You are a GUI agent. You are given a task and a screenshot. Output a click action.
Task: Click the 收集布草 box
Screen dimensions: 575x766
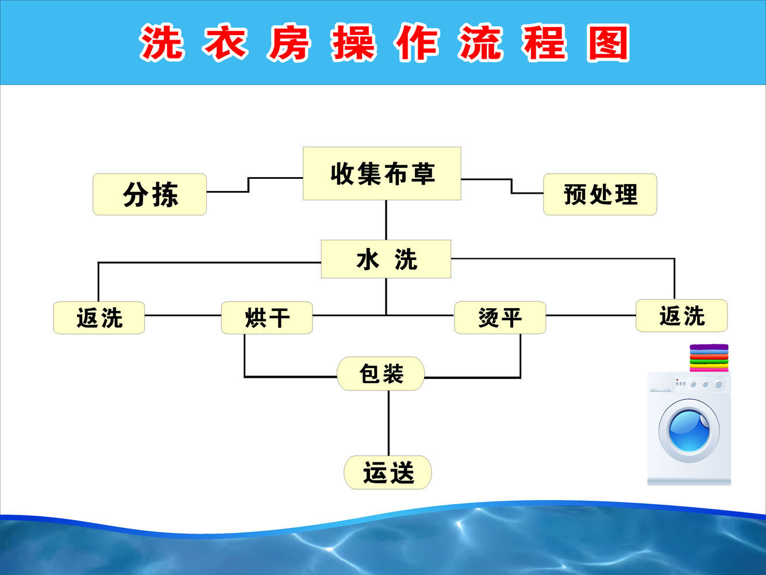tap(382, 173)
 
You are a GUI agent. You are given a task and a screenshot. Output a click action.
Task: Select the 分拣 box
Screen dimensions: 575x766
tap(149, 194)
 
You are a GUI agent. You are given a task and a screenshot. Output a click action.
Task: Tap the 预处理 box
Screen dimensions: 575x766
tap(600, 194)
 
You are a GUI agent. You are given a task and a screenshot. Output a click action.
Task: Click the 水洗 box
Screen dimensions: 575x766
tap(386, 259)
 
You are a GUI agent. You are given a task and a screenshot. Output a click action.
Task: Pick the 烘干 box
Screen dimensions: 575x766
tap(267, 317)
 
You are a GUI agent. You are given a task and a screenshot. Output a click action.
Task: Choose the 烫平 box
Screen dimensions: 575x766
tap(499, 317)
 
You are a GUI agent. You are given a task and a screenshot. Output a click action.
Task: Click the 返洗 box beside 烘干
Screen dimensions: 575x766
tap(99, 317)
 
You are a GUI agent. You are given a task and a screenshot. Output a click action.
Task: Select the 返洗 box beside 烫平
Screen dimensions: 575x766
tap(682, 316)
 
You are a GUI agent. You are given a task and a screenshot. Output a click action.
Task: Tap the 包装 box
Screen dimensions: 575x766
tap(380, 374)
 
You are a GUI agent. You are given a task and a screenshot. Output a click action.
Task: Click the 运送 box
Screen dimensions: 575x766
tap(388, 473)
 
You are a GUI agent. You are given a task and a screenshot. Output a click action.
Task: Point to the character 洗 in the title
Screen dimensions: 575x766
tap(161, 43)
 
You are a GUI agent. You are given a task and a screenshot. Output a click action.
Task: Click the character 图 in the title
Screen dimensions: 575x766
tap(608, 43)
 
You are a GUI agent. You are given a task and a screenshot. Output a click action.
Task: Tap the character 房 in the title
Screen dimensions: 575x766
tap(288, 43)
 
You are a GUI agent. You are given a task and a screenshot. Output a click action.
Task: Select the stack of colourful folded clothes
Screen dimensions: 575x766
tap(709, 358)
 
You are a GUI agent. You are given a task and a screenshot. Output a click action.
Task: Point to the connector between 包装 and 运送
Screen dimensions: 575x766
tap(388, 423)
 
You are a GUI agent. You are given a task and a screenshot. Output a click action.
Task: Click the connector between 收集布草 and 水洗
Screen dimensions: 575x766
tap(386, 220)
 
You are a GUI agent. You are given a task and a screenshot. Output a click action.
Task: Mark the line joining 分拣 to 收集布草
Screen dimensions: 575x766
tap(248, 185)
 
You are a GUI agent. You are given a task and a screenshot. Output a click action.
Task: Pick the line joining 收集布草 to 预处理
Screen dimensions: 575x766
tap(511, 186)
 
